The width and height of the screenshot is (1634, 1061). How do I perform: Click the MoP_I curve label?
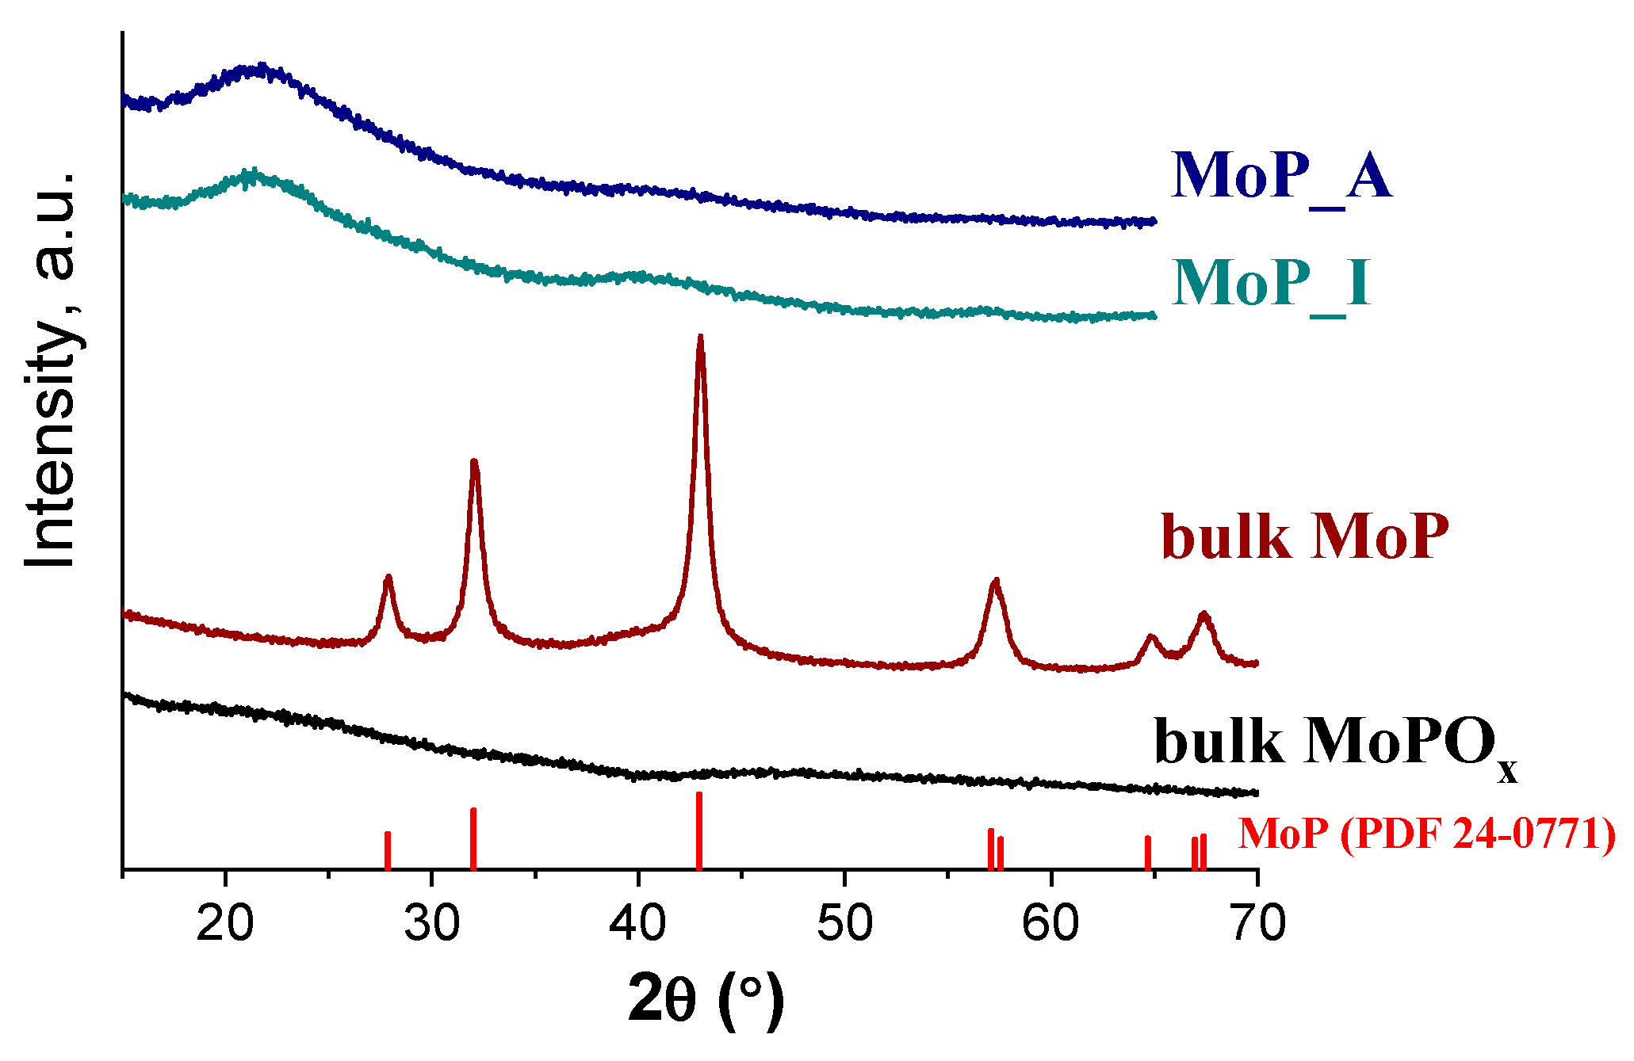pyautogui.click(x=1270, y=284)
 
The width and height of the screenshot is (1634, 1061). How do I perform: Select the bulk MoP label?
pyautogui.click(x=1305, y=537)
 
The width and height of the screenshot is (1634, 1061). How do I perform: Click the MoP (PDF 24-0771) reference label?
pyautogui.click(x=1426, y=834)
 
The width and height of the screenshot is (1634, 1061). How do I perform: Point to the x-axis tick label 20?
pyautogui.click(x=224, y=924)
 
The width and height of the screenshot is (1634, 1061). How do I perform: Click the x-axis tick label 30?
pyautogui.click(x=431, y=924)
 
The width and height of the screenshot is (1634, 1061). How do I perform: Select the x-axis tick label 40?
pyautogui.click(x=638, y=924)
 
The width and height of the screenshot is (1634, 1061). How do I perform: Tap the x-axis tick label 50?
pyautogui.click(x=844, y=924)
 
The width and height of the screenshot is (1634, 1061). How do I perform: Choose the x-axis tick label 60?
pyautogui.click(x=1051, y=924)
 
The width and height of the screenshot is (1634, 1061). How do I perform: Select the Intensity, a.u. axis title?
pyautogui.click(x=51, y=368)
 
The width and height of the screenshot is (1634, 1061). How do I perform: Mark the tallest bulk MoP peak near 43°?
pyautogui.click(x=700, y=339)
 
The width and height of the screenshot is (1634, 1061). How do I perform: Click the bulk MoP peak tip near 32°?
pyautogui.click(x=474, y=463)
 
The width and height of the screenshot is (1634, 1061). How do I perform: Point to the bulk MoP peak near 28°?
pyautogui.click(x=388, y=578)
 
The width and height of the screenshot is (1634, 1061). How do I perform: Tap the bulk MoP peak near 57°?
pyautogui.click(x=996, y=582)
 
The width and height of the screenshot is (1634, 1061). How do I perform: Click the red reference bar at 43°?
pyautogui.click(x=698, y=830)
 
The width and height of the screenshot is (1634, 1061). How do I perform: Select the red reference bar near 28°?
pyautogui.click(x=388, y=850)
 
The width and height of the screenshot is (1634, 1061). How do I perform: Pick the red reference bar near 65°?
pyautogui.click(x=1147, y=853)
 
